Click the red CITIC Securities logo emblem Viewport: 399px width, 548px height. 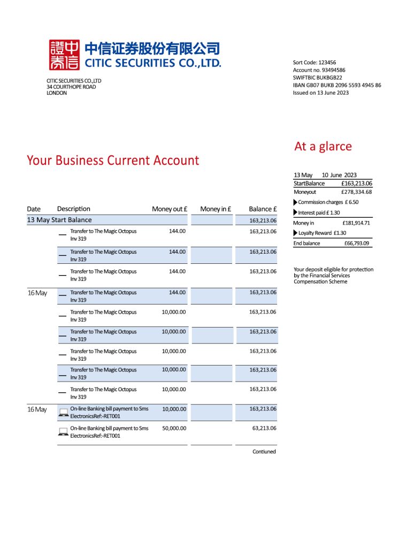coord(64,55)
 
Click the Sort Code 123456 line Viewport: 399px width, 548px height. coord(314,63)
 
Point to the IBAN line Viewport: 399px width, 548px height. coord(337,85)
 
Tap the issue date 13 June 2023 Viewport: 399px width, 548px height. coord(321,93)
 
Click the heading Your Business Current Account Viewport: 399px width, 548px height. coord(113,160)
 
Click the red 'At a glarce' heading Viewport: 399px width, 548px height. coord(323,146)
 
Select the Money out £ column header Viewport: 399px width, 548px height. coord(168,209)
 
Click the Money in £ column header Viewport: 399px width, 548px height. coord(216,209)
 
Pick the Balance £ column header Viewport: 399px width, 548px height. coord(263,209)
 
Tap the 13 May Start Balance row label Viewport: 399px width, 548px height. coord(59,220)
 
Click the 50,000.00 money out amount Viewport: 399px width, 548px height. coord(174,429)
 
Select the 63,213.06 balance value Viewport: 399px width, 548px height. coord(263,429)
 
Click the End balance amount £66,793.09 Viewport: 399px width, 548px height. coord(357,243)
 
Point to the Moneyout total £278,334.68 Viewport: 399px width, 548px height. coord(356,192)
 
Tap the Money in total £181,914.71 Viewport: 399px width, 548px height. coord(356,223)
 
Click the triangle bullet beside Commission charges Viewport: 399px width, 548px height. coord(296,202)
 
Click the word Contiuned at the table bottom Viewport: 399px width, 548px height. coord(264,452)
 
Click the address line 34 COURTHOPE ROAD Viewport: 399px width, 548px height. coord(71,87)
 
